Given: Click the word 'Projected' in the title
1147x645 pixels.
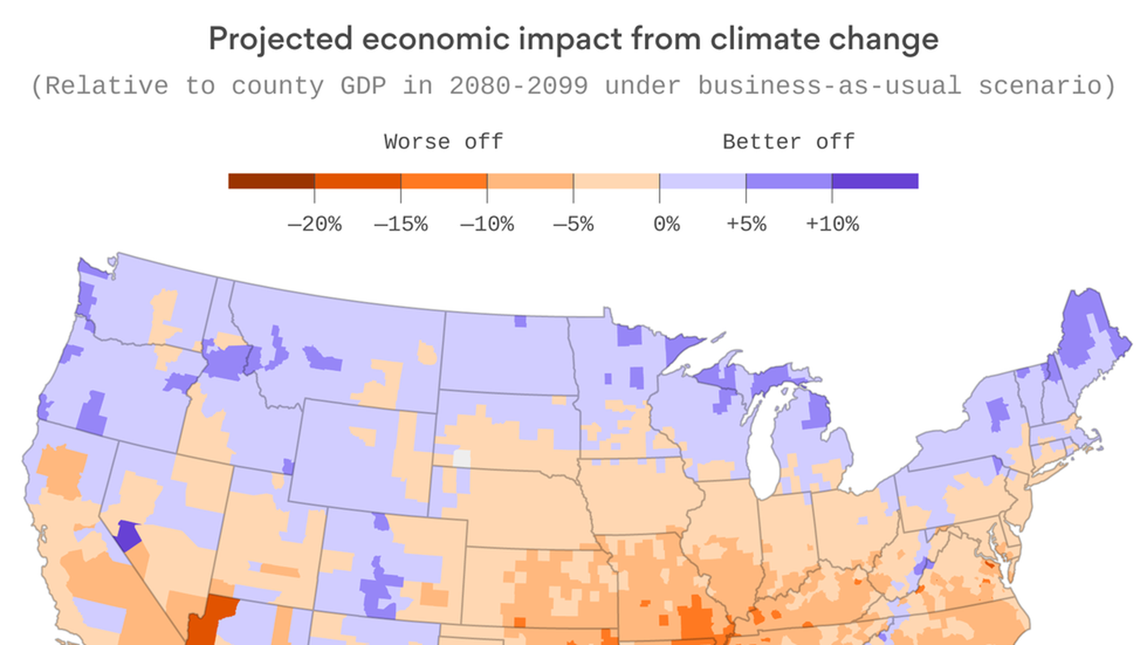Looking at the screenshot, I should pos(280,40).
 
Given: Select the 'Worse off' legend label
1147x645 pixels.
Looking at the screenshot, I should pos(443,142).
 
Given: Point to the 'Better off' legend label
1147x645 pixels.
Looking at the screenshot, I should pos(788,142).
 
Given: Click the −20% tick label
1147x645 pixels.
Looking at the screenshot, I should pos(314,225).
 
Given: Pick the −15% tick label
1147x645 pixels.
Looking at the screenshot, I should pos(400,225).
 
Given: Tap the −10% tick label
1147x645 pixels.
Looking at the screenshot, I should pos(486,225).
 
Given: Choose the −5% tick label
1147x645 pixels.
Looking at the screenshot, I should pos(573,225).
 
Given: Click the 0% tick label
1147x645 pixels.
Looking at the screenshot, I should pos(666,225).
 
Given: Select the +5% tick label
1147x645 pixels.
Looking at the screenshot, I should pos(746,225).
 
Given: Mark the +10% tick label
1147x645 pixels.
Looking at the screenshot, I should pos(832,225).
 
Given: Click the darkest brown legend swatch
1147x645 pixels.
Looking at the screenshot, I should pos(271,181).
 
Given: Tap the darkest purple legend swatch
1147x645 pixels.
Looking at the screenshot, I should pos(875,181).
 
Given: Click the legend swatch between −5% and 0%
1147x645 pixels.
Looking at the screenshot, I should pos(617,181).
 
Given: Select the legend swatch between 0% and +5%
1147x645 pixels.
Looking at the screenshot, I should pos(703,181).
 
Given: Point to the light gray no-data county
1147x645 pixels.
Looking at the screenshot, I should pos(462,459).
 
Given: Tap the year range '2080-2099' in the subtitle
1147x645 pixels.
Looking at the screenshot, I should pos(519,86).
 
